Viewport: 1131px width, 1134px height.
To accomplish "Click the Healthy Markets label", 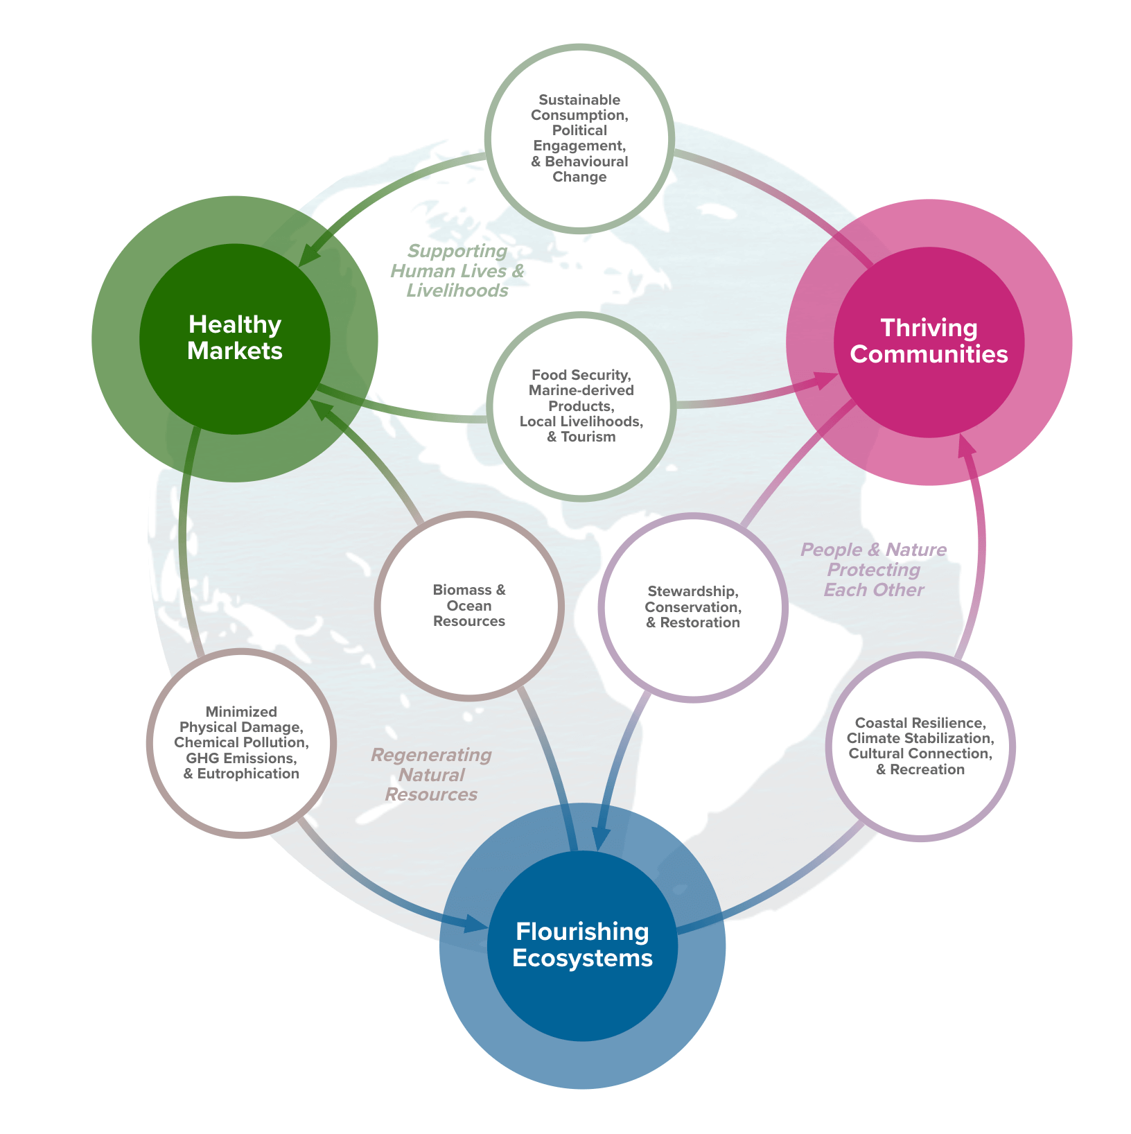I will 235,338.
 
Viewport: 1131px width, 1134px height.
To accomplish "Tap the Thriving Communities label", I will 929,341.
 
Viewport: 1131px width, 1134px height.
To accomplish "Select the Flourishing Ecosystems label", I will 582,945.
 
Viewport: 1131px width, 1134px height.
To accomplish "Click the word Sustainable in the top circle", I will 579,100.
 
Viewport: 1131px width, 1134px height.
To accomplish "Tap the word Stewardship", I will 692,591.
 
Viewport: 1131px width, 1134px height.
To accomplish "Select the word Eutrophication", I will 248,774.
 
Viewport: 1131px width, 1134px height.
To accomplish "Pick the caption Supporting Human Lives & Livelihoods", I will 457,270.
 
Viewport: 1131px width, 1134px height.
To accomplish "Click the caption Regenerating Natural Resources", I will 431,774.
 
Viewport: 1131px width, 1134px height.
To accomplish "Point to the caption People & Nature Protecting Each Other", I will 873,570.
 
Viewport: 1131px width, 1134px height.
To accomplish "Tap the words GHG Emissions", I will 240,758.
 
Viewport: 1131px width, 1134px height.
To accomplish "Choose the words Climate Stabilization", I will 920,738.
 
